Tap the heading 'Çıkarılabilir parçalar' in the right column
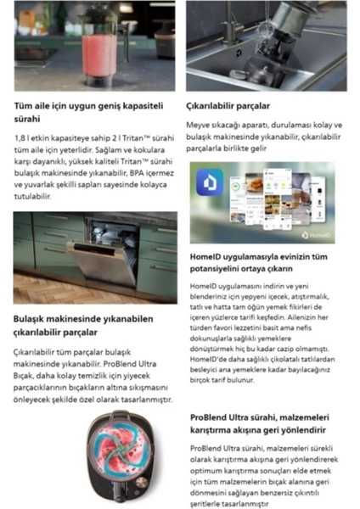230,106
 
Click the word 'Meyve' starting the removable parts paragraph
200,125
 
